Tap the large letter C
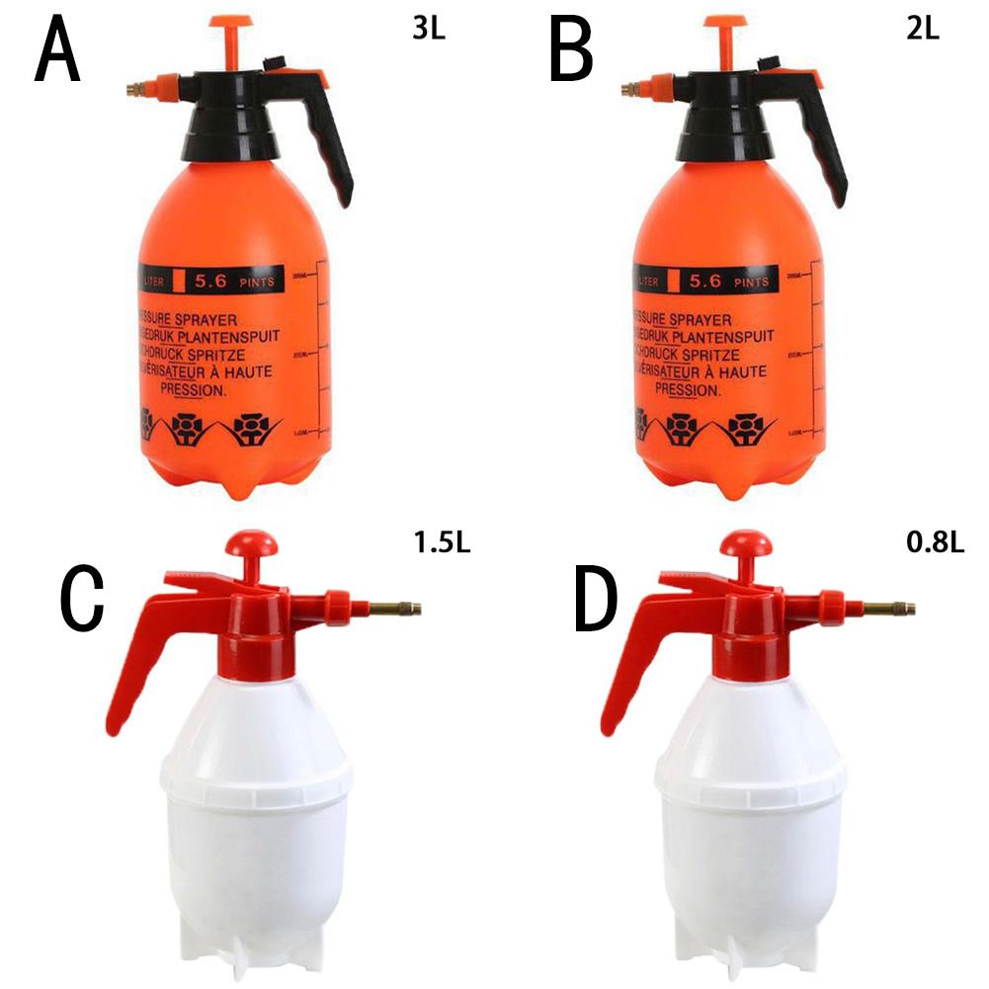point(81,602)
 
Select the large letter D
point(595,602)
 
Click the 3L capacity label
point(429,27)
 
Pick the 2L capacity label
point(922,27)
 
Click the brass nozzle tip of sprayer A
point(129,90)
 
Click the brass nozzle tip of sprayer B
point(624,90)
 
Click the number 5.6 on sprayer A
point(209,281)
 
